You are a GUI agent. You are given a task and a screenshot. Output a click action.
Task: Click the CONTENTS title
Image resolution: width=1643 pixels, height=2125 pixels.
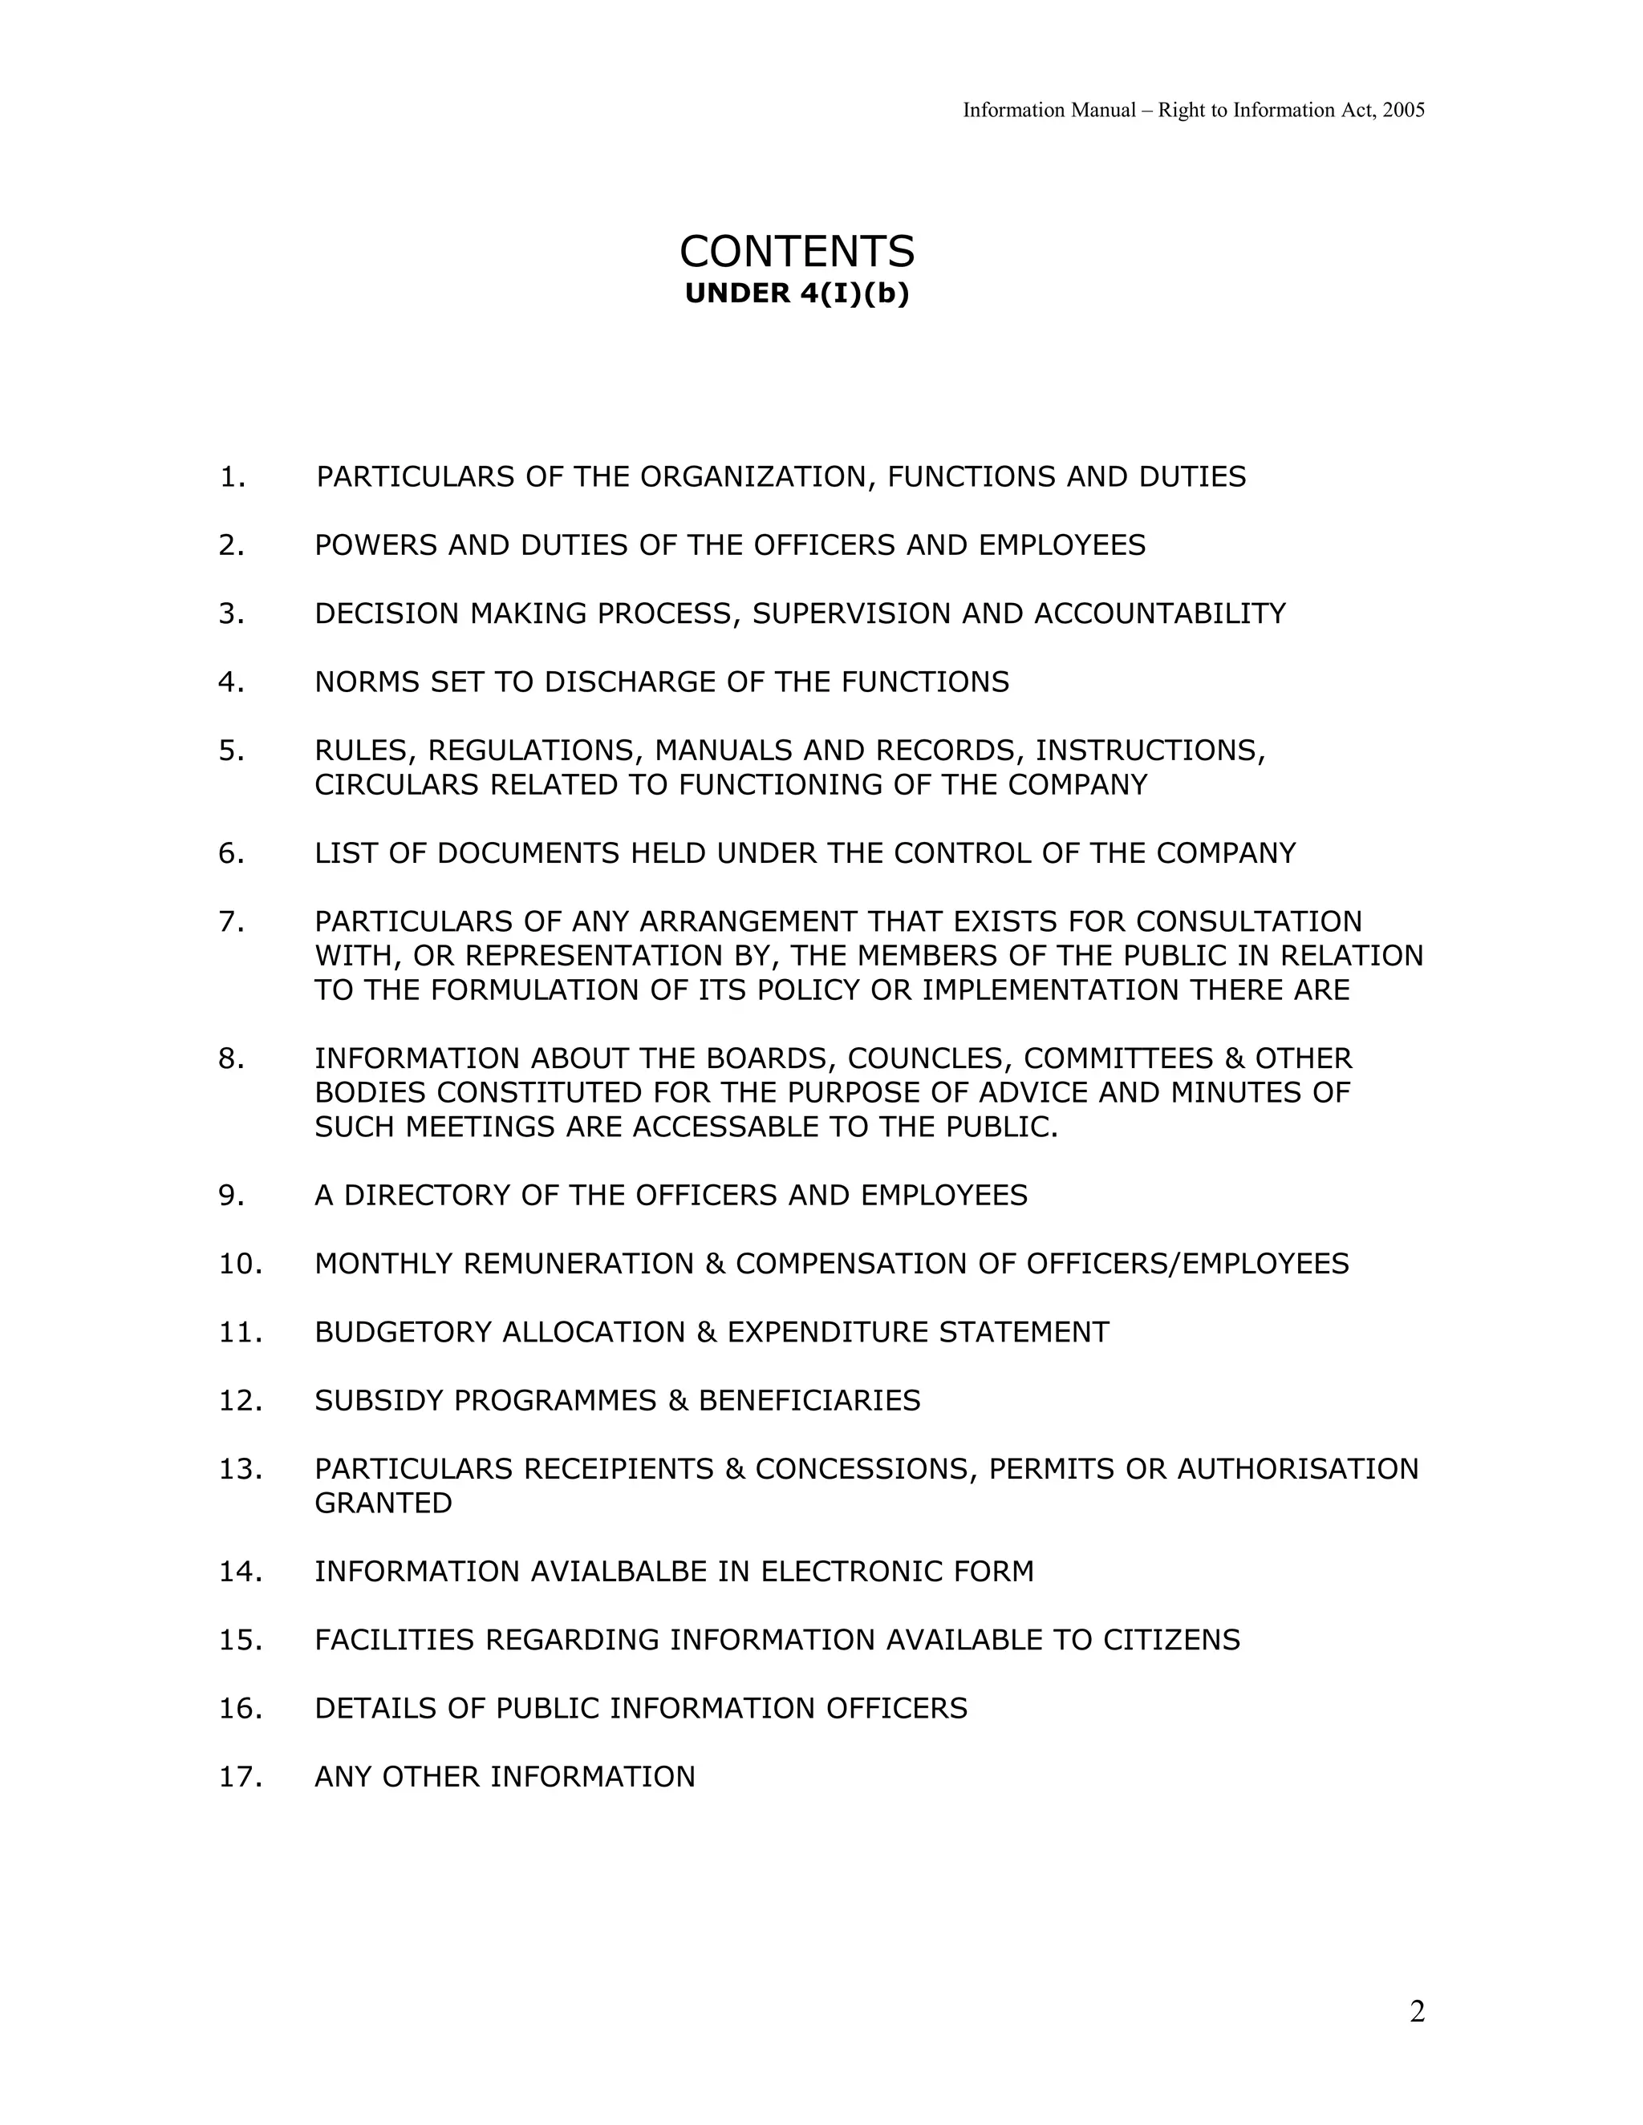(x=796, y=252)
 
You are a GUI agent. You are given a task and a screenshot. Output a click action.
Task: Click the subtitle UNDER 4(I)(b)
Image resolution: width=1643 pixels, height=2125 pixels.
(x=796, y=293)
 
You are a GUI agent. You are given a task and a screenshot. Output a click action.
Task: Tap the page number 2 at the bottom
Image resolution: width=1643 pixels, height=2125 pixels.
(x=1416, y=2011)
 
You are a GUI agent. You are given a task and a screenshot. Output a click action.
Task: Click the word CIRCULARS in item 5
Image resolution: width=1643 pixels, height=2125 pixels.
(x=397, y=785)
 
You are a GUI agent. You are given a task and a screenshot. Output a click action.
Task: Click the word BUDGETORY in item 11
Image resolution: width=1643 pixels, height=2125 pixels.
(x=403, y=1332)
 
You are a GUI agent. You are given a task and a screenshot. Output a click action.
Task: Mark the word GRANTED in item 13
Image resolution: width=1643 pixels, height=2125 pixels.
(x=383, y=1504)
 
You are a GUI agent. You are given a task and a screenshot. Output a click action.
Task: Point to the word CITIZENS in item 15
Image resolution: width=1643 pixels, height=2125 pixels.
(x=1171, y=1641)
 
